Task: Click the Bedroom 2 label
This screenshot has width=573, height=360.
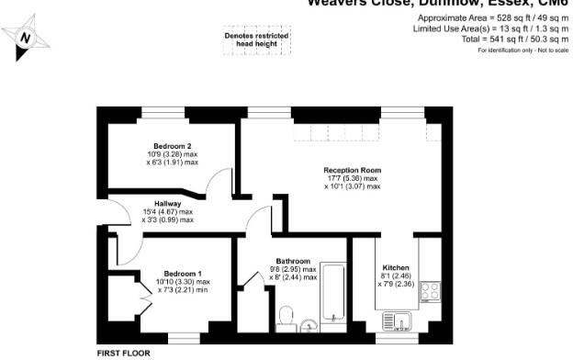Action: pos(173,147)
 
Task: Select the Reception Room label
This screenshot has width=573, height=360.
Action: pos(352,171)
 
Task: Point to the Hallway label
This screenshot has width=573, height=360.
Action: pos(167,205)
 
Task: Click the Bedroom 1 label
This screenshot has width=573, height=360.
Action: pos(183,273)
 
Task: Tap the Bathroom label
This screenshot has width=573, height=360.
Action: pos(292,262)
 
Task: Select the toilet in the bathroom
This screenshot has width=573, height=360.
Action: pos(285,318)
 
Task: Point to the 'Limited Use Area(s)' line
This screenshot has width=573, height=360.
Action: pos(490,29)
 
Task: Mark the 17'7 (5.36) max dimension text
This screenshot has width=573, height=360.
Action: pos(352,178)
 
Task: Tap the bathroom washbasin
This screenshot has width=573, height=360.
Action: pos(309,323)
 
